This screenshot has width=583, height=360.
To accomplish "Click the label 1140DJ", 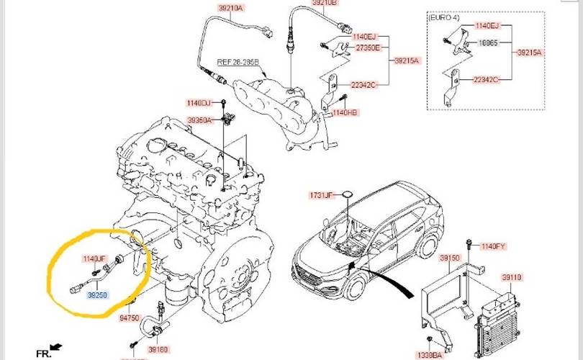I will click(198, 102).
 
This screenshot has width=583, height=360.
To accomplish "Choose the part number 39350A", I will click(199, 120).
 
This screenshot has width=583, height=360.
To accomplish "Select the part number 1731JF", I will click(322, 195).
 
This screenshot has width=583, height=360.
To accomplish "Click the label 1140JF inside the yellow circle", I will click(94, 258).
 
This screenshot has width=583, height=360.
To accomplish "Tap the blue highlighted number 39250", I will click(98, 294).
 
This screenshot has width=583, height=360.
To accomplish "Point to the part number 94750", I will click(130, 317).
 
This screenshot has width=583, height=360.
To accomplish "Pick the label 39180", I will click(158, 348).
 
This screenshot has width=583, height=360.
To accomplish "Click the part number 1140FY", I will click(494, 246).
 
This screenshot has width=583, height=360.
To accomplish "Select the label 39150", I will click(450, 257).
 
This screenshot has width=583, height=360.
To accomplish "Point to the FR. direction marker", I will click(44, 354).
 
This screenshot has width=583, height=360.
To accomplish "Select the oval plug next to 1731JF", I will click(347, 194).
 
